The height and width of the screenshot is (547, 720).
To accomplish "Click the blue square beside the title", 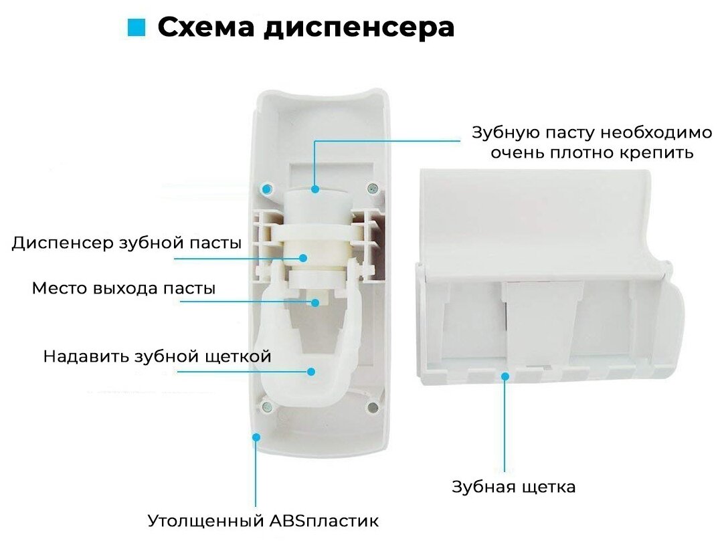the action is point(136,27).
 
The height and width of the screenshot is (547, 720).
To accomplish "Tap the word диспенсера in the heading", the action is point(357,27).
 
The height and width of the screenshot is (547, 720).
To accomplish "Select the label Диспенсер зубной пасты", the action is point(126,243).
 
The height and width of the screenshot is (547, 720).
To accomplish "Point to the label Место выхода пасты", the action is point(124,289).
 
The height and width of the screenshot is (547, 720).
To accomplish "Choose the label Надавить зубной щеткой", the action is point(157,356).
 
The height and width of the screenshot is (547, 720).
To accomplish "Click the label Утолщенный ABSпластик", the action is point(263,520).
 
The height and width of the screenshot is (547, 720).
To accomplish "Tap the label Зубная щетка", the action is point(513,486).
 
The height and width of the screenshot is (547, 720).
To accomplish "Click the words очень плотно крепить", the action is point(591,152).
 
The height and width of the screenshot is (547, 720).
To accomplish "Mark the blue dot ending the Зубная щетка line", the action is point(505,376).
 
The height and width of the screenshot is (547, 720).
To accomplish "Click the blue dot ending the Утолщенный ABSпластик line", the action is point(256,437).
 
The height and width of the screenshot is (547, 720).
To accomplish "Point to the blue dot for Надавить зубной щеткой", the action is point(311,370).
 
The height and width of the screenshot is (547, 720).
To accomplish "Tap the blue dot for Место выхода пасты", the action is point(314,302).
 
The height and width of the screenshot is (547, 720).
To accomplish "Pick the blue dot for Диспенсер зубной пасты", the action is point(303,257).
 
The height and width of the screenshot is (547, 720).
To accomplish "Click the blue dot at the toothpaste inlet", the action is point(315,189).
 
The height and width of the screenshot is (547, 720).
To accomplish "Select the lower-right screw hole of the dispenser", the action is point(373,407).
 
